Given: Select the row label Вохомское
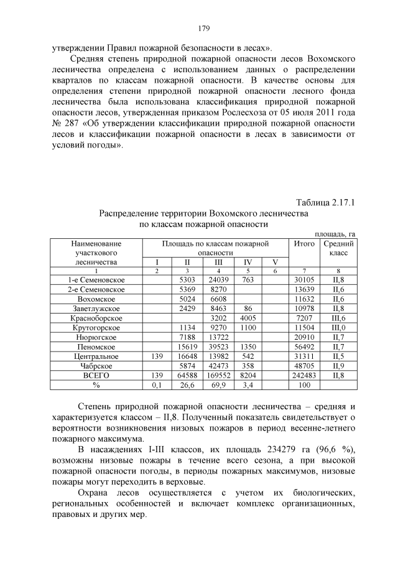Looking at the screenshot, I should pos(96,299).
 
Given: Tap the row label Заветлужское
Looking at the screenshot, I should pos(96,308).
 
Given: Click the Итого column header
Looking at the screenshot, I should pos(305,244).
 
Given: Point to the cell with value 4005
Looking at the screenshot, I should pos(248,318).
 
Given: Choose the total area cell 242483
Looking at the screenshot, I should pos(305,376).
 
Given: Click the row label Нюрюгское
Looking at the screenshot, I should pos(96,337).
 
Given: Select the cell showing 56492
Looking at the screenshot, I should pos(305,347).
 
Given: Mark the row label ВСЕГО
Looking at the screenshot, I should pos(96,376).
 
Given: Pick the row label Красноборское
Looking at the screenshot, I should pos(96,318).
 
